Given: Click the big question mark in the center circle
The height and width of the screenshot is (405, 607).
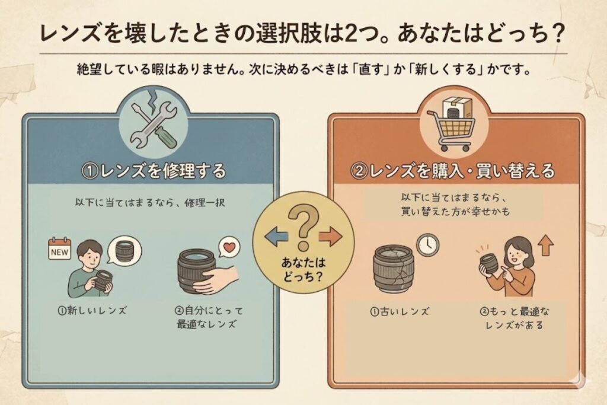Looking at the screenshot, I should (x=303, y=228).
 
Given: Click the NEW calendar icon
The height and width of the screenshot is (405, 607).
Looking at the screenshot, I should (x=59, y=248).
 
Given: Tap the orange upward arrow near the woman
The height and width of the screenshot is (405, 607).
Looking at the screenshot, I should (x=545, y=246).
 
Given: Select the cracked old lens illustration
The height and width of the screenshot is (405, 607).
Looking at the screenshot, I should (x=394, y=269).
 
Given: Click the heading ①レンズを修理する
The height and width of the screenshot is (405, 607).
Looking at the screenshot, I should (x=154, y=171).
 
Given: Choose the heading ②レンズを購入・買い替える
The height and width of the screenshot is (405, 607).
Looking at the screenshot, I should (x=454, y=171).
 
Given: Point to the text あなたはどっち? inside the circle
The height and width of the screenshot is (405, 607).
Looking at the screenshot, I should (x=303, y=270).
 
